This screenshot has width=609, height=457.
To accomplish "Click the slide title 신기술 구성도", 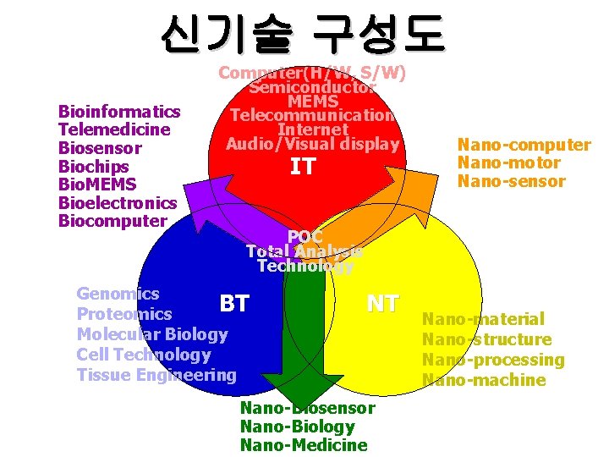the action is coord(302,35).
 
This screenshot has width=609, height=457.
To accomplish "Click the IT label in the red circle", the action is coord(302,167).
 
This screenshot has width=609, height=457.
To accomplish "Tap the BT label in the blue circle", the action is coord(234,303).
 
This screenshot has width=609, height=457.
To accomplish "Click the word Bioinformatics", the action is coord(119,112).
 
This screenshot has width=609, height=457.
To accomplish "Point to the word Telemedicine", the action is coord(114,129).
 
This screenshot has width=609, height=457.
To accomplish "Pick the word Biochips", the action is coord(93,166).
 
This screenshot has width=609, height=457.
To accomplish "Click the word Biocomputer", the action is coord(112,221).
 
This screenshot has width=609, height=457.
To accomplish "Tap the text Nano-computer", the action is coord(524,145).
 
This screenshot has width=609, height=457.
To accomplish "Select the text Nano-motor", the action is coord(508,162).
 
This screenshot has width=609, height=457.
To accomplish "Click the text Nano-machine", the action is coord(484,380).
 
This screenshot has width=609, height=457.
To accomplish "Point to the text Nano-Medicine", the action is coord(304,445).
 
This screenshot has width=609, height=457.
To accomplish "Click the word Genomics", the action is coord(118,294).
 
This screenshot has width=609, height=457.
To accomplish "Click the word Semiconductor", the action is coord(312,87).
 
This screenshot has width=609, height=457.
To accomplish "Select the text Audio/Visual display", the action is coord(312,144).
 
